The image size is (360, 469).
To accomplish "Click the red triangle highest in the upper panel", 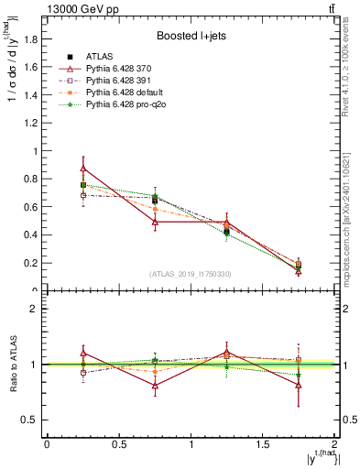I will point(83,169).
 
